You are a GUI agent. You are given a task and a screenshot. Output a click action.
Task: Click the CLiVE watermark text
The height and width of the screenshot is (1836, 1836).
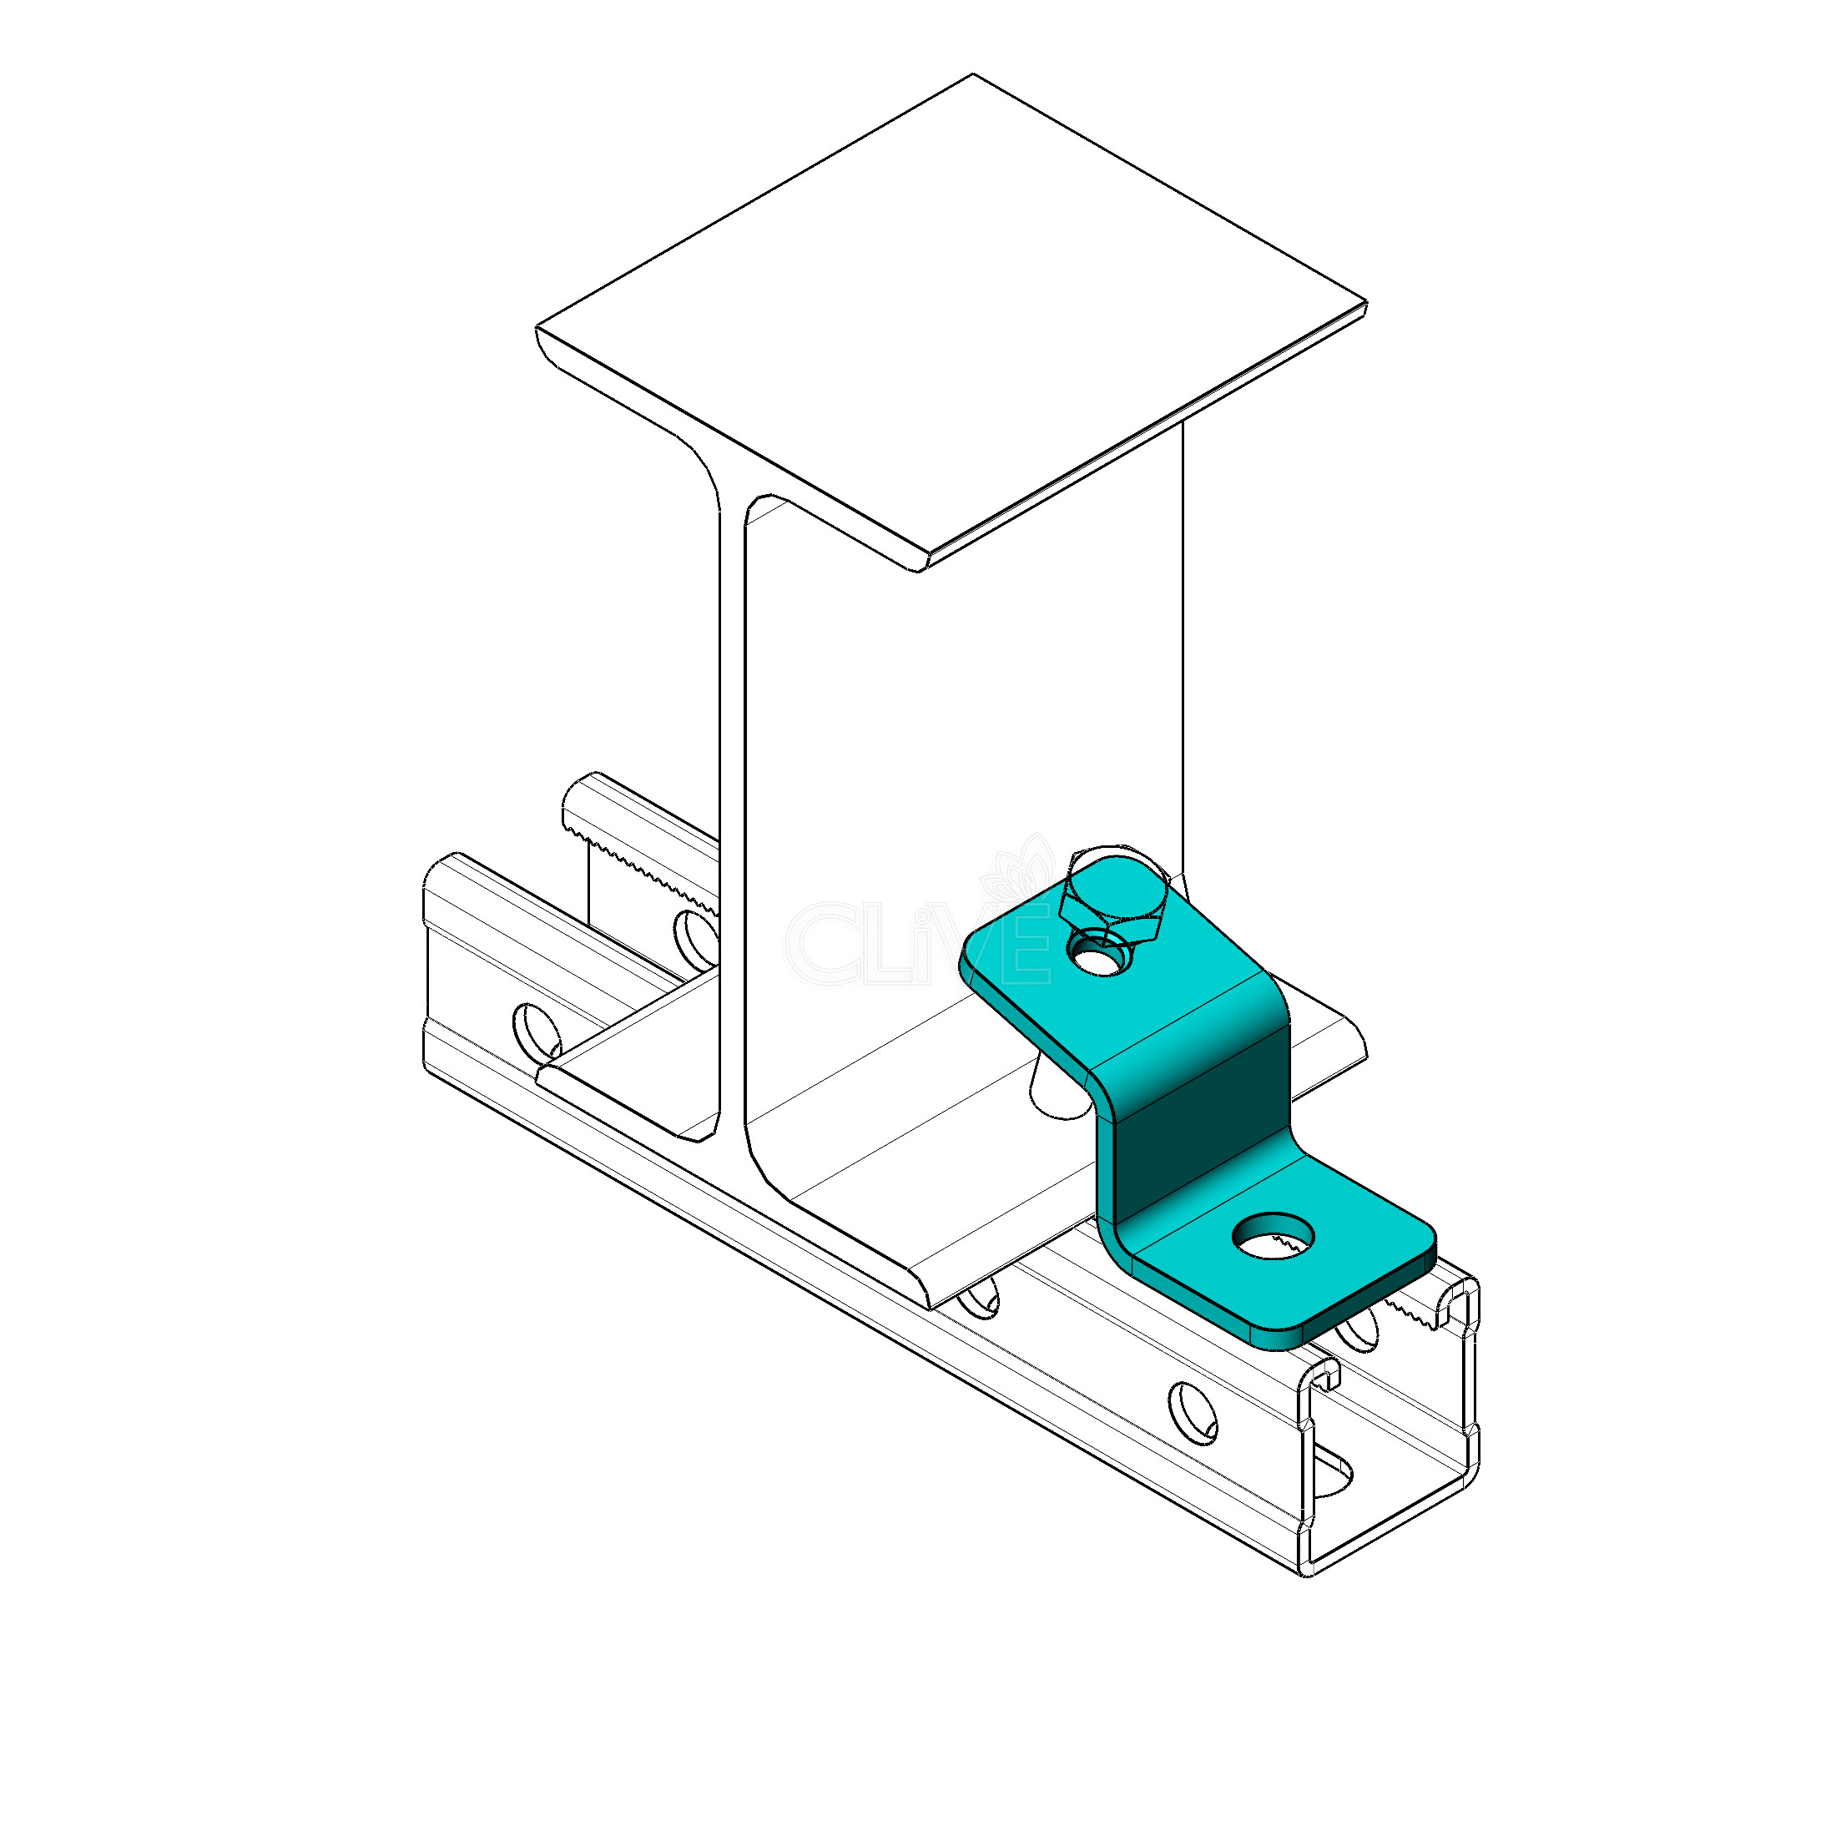pos(918,941)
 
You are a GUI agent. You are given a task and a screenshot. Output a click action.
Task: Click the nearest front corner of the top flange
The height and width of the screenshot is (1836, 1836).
pos(920,569)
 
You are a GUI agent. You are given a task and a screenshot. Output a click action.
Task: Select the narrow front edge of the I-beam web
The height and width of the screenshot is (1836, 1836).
pos(731,808)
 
